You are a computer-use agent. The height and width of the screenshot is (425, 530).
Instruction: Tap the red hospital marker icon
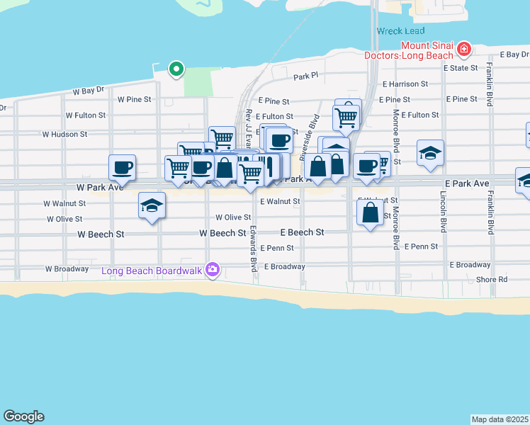(x=463, y=49)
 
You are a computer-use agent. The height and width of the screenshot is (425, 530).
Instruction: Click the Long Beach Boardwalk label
(x=152, y=270)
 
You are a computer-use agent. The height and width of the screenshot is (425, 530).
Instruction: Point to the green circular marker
(x=176, y=69)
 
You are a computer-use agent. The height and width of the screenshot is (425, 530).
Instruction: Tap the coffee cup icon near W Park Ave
(x=122, y=167)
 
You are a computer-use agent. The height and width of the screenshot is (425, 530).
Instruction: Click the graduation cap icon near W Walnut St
(x=152, y=205)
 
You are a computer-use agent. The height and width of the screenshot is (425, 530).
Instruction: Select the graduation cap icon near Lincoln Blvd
(x=430, y=153)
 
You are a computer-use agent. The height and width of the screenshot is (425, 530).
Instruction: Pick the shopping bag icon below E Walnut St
(x=370, y=212)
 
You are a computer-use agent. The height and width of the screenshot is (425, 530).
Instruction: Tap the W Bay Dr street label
(x=89, y=91)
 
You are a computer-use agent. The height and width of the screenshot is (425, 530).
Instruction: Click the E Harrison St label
(x=406, y=84)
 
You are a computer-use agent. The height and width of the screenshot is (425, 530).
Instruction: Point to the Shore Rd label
(x=492, y=279)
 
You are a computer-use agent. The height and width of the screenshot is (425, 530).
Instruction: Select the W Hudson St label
(x=64, y=133)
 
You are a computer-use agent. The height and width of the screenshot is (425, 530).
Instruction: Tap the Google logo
(x=23, y=416)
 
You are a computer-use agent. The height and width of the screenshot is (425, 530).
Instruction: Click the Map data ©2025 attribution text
(x=500, y=419)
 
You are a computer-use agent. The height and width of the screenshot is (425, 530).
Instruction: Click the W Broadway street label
(x=67, y=269)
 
